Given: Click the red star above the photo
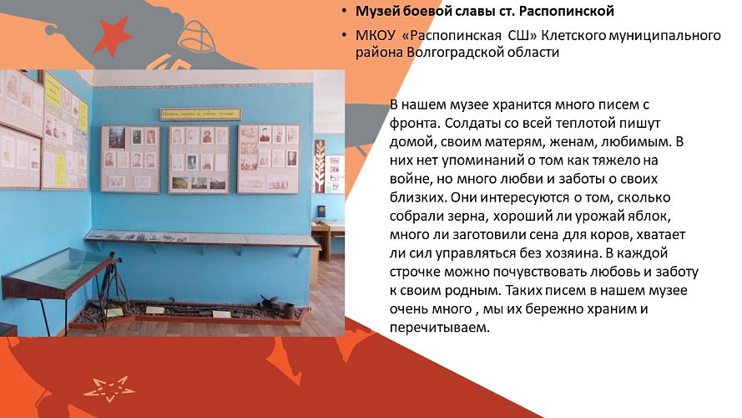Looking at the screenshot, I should coord(111,36).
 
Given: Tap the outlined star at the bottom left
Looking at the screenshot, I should coord(109,388).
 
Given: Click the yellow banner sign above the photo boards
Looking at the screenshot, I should coord(199,114).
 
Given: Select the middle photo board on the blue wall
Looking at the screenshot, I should coord(199,158).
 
